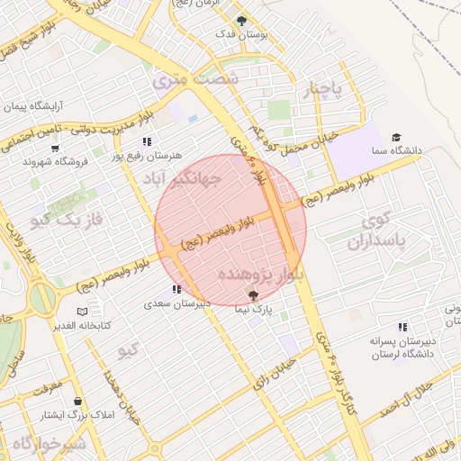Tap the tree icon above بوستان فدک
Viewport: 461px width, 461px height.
coord(240,20)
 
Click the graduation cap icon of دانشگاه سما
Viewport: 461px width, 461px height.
coord(395,138)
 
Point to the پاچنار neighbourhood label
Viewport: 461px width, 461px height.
coord(323,89)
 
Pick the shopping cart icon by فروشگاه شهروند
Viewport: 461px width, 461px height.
coord(55,149)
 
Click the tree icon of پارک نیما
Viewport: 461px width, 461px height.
coord(252,296)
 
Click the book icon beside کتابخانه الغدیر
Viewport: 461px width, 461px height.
coord(83,312)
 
